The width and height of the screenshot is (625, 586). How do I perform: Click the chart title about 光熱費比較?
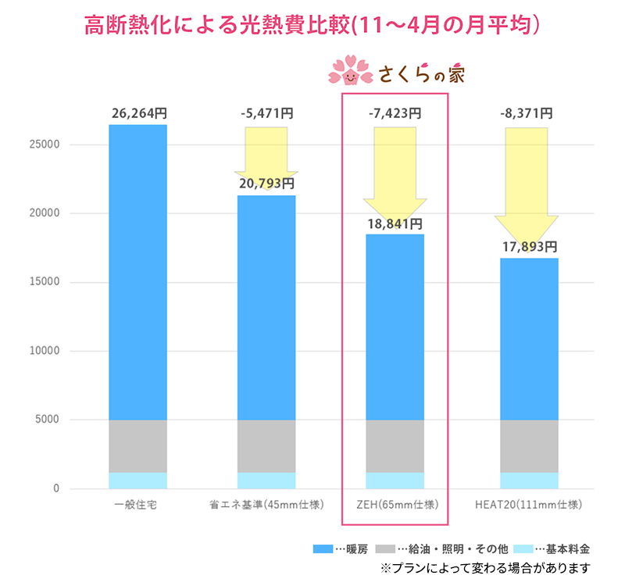(x=312, y=26)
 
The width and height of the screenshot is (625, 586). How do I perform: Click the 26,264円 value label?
(x=138, y=113)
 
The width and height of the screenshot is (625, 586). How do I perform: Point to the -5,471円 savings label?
(x=266, y=113)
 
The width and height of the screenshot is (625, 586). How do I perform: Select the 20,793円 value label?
(x=266, y=184)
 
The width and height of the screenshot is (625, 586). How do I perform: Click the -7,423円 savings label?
(x=395, y=113)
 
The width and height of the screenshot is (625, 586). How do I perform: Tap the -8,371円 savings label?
(x=526, y=113)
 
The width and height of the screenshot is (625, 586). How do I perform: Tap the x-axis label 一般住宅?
(x=138, y=505)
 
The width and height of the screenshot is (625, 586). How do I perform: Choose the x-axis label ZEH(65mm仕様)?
(x=395, y=505)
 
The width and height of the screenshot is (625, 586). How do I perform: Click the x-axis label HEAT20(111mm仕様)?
(x=529, y=505)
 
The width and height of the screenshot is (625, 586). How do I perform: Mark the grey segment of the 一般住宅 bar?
(x=138, y=446)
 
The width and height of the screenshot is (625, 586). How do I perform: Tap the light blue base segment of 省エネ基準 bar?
(x=266, y=481)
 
